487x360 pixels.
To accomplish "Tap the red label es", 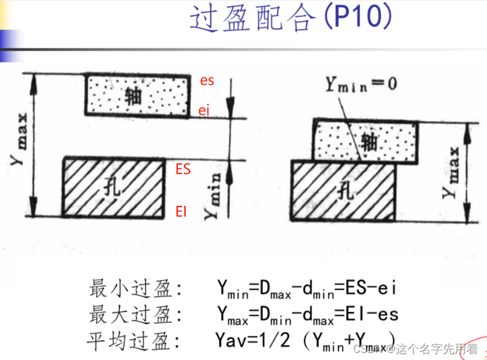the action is pos(207,81).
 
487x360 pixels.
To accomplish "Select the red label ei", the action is pos(203,110).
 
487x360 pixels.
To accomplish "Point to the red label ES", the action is pos(183,169).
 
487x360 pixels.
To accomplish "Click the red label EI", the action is pos(181,211).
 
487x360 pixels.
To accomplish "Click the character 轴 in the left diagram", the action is pos(134,96).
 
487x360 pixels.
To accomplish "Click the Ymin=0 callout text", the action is pos(361,84).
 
